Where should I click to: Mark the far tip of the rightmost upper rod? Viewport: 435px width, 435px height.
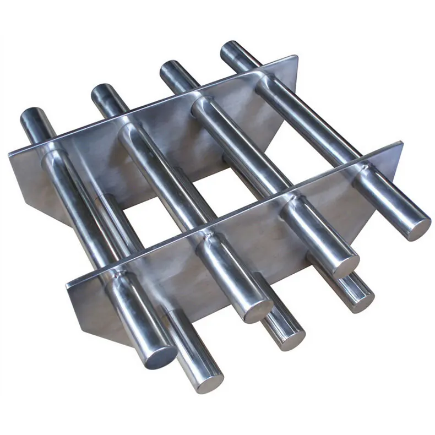coord(233,48)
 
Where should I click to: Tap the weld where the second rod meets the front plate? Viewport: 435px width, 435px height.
coord(206,237)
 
